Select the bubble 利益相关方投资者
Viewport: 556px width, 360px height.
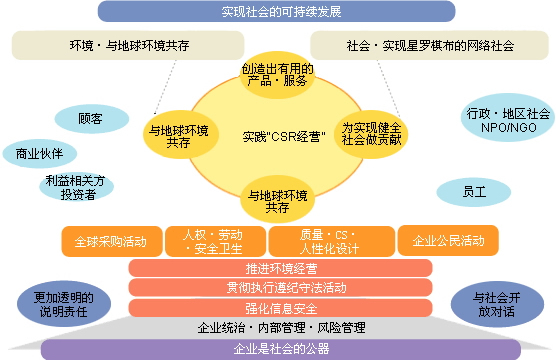tap(74, 188)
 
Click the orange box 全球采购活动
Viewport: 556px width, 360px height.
tap(110, 241)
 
